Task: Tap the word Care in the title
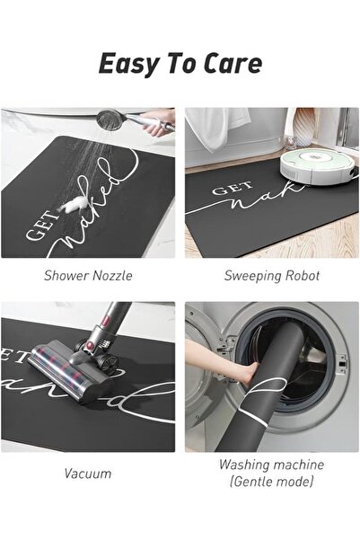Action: [x=233, y=63]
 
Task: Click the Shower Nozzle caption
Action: [x=88, y=276]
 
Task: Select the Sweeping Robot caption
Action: [x=272, y=276]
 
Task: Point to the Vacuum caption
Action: [x=88, y=474]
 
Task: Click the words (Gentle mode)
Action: [x=271, y=481]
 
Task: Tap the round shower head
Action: [x=110, y=120]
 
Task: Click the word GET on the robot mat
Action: [x=232, y=189]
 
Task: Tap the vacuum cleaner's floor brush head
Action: [x=71, y=373]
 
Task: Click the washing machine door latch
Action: [x=342, y=365]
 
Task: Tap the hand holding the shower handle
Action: [x=161, y=123]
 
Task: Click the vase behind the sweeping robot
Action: [x=304, y=128]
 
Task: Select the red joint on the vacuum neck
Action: [x=106, y=323]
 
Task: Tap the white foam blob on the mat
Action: [x=73, y=205]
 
